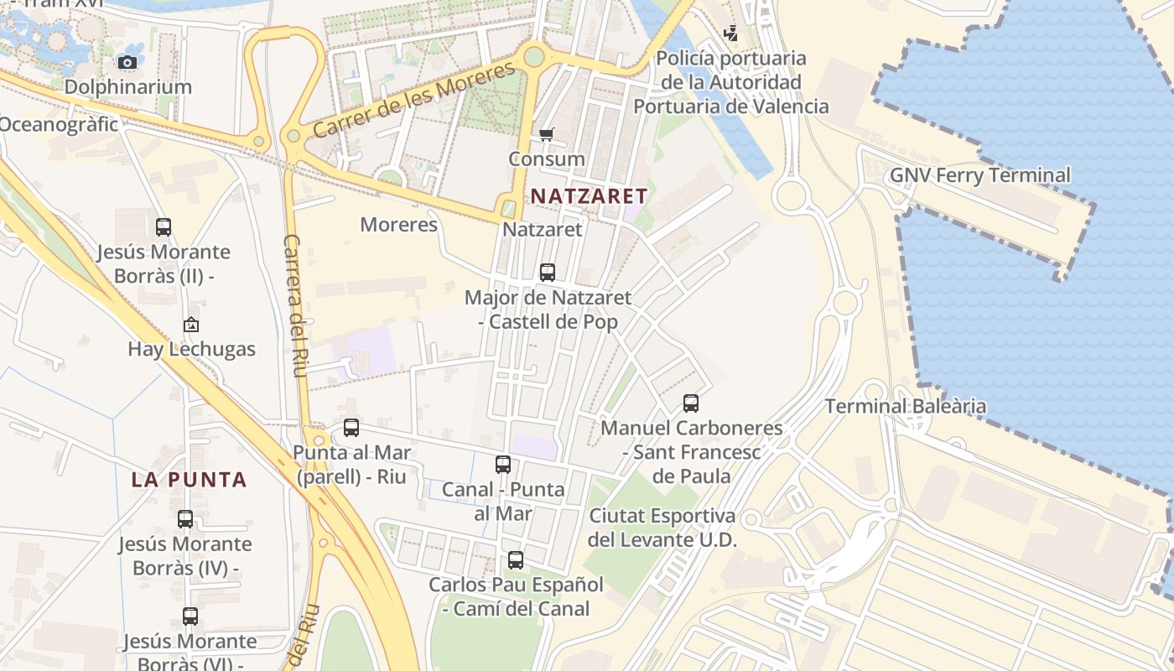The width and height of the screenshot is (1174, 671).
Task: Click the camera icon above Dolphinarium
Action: click(x=127, y=62)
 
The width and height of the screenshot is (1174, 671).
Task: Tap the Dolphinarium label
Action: click(x=127, y=87)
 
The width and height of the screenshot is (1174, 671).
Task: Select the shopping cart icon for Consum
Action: click(x=547, y=134)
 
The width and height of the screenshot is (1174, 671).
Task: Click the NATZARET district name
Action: click(x=589, y=196)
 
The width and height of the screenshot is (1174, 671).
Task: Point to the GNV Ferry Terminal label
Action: click(x=979, y=175)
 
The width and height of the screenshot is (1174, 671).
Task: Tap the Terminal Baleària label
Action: click(x=905, y=407)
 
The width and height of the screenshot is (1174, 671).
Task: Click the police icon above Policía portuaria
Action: click(x=731, y=34)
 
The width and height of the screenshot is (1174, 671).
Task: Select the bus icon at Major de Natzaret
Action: click(x=548, y=272)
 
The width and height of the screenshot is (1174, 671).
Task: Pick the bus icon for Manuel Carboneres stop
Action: click(x=691, y=403)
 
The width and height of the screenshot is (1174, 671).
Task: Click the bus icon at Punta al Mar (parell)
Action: click(x=351, y=428)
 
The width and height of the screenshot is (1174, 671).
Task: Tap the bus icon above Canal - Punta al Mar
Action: click(x=503, y=465)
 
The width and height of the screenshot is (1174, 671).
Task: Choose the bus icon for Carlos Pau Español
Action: click(x=516, y=559)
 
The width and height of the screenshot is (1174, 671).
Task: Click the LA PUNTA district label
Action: click(x=189, y=480)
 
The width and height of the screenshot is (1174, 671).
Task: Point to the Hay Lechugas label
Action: click(x=191, y=349)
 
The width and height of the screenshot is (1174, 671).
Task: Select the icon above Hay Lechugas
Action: click(x=191, y=325)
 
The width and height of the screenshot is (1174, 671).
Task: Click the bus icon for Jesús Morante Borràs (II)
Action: click(x=164, y=226)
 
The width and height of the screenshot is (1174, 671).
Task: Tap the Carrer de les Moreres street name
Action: click(x=414, y=100)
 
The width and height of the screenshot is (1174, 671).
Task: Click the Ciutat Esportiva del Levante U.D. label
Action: click(x=662, y=527)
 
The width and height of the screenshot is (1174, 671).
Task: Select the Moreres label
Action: click(x=398, y=225)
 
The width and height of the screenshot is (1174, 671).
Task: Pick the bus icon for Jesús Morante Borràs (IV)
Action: click(x=185, y=519)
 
